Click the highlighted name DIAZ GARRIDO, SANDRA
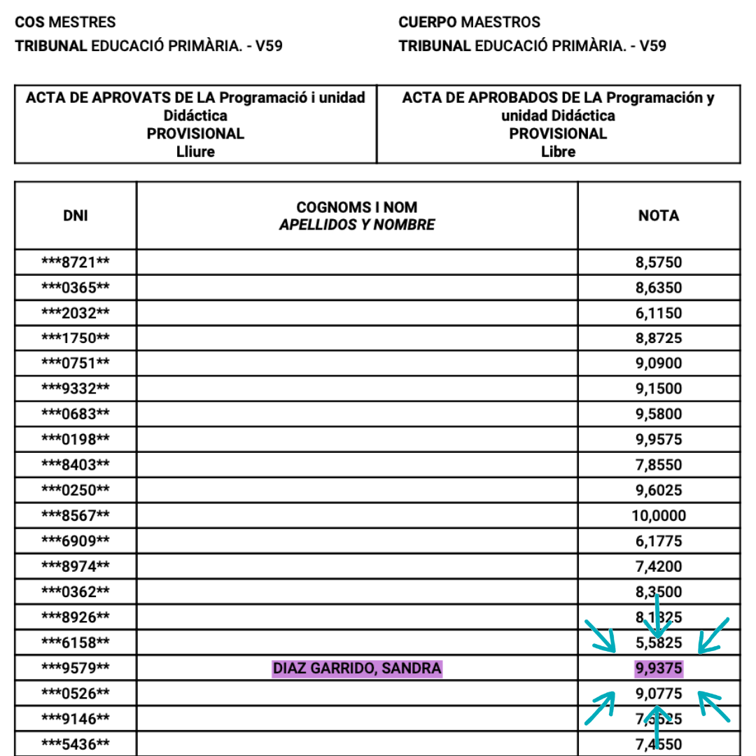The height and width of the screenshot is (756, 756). pos(357,668)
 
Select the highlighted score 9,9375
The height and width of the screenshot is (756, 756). pos(659,668)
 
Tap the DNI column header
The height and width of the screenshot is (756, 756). pos(76,216)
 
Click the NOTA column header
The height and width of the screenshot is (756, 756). pos(659,216)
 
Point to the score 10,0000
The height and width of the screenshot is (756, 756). pos(659,516)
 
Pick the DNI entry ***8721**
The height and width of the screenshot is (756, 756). pos(76,262)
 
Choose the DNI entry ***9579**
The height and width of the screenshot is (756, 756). pos(76,668)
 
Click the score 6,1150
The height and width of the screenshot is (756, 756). pos(659,313)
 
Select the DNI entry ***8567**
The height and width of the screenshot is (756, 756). pos(76,516)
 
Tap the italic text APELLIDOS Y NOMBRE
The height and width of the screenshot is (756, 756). pos(357,225)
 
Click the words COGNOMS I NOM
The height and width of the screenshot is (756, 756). pos(357,207)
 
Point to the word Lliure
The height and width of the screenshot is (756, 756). pos(195,151)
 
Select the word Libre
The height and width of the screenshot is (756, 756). pos(558,151)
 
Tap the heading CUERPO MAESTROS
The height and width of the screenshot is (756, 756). pos(469,22)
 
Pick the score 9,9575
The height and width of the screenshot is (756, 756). pos(659,440)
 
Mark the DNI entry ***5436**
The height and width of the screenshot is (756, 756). pos(76,744)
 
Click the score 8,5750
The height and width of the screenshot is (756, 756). pos(659,262)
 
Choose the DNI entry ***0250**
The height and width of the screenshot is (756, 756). pos(76,490)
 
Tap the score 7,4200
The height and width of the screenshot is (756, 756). pos(659,566)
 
